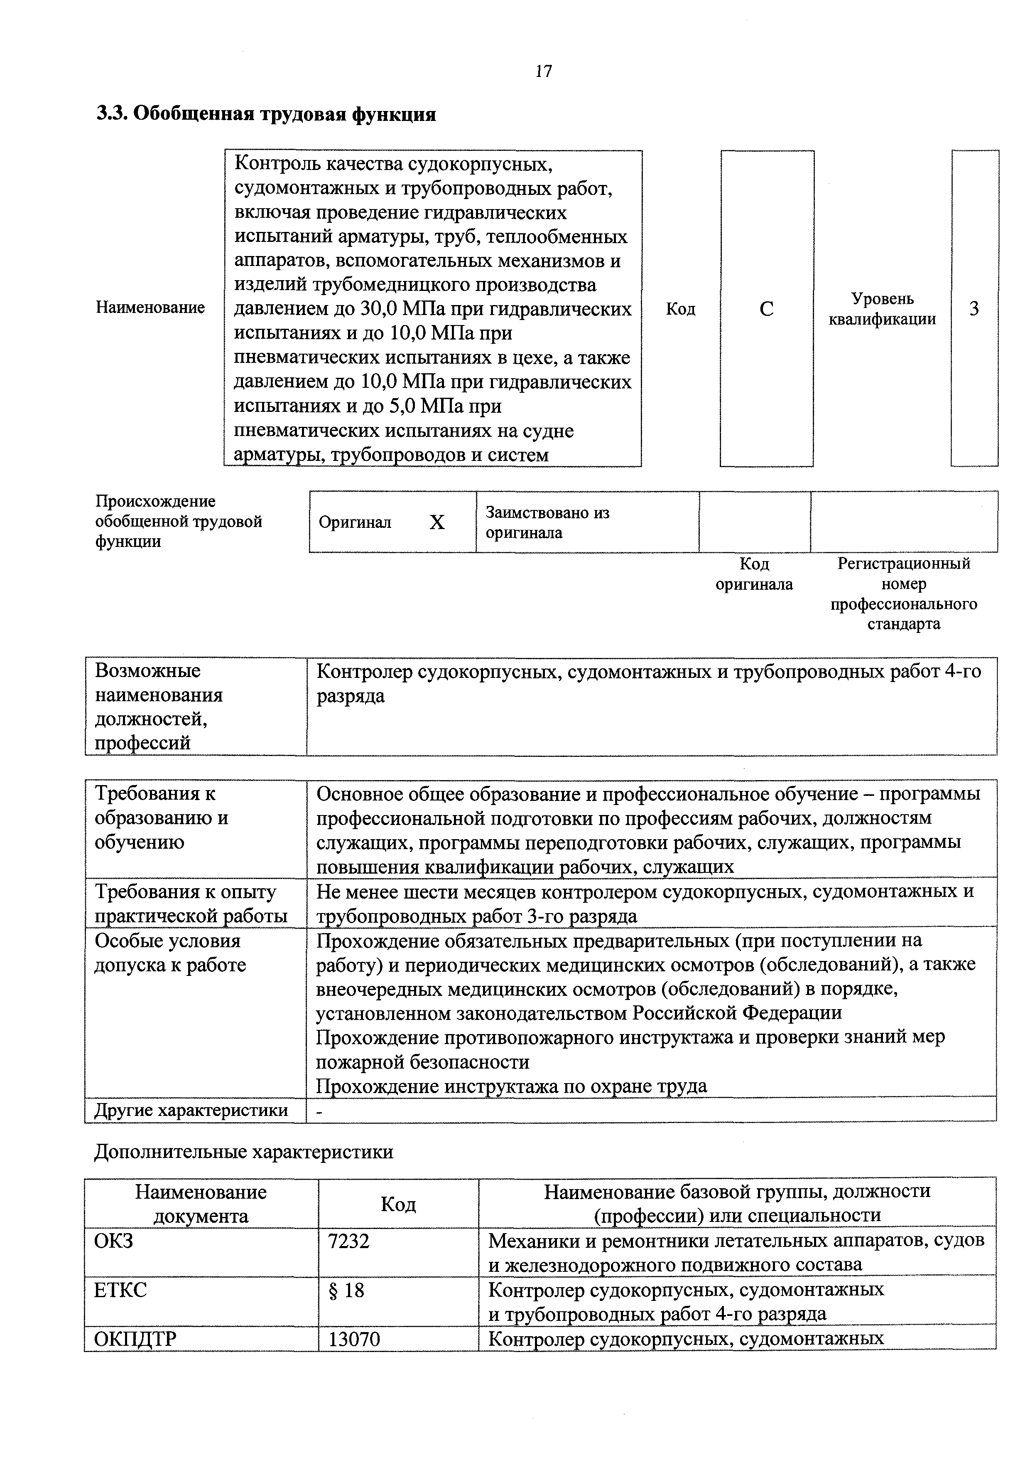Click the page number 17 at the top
[543, 71]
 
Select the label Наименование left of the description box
[150, 308]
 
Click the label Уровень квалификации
[882, 309]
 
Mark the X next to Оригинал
[437, 522]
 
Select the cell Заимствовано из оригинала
[547, 522]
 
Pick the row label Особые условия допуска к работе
[170, 953]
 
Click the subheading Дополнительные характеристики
[244, 1152]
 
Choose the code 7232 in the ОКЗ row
[348, 1240]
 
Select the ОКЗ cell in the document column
[114, 1240]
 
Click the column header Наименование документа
[201, 1204]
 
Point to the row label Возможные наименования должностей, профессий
[159, 706]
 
